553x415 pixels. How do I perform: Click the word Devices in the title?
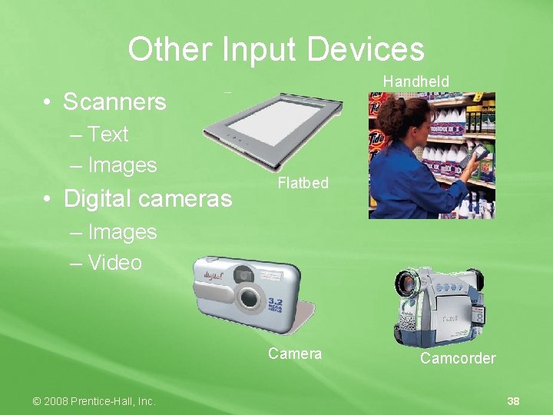pyautogui.click(x=365, y=50)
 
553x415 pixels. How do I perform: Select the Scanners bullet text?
pyautogui.click(x=114, y=101)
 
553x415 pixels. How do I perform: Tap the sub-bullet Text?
pyautogui.click(x=108, y=134)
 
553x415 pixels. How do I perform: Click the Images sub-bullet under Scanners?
pyautogui.click(x=122, y=165)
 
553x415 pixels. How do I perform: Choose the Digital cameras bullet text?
pyautogui.click(x=147, y=198)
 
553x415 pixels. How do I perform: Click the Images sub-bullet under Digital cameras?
pyautogui.click(x=122, y=231)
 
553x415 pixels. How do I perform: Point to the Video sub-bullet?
pyautogui.click(x=114, y=263)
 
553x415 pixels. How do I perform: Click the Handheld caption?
pyautogui.click(x=416, y=81)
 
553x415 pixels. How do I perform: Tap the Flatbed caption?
pyautogui.click(x=303, y=183)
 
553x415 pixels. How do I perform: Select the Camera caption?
pyautogui.click(x=295, y=354)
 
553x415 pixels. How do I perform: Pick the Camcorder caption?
pyautogui.click(x=458, y=358)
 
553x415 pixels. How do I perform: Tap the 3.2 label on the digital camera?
pyautogui.click(x=275, y=304)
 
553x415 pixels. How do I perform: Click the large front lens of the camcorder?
pyautogui.click(x=408, y=284)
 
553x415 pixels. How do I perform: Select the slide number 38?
pyautogui.click(x=514, y=401)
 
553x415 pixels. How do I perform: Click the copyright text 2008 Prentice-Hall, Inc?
pyautogui.click(x=94, y=401)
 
